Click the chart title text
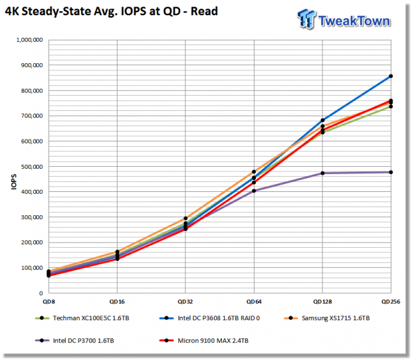pos(112,11)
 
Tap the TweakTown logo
pos(344,19)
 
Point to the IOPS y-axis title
pos(14,182)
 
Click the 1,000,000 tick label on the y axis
pos(29,40)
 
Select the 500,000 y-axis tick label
pos(32,167)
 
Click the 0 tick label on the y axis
pos(41,294)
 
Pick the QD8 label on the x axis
pos(49,302)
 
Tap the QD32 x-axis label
pos(185,302)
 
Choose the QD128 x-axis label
pos(322,302)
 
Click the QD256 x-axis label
pos(391,302)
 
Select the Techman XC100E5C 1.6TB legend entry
pos(82,318)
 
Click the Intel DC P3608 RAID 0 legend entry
pos(209,318)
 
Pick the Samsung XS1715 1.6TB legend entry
pos(327,318)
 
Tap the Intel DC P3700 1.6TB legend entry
pos(74,341)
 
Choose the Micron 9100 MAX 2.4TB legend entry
pos(204,341)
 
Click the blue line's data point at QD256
pos(391,76)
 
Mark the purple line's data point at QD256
pos(391,172)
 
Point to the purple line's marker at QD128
pos(323,173)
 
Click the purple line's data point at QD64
pos(254,191)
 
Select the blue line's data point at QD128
pos(323,120)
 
